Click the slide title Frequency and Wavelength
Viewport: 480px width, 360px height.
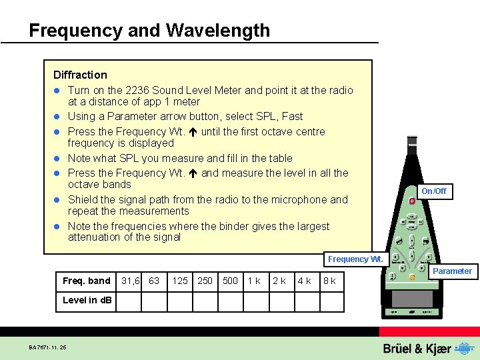click(149, 31)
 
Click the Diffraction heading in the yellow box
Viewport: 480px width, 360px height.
click(80, 75)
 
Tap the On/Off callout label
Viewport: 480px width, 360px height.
click(434, 191)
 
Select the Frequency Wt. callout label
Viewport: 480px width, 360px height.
click(355, 259)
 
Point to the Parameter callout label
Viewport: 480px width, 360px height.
click(452, 271)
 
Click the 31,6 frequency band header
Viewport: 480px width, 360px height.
click(130, 281)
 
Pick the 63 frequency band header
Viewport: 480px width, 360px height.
click(154, 281)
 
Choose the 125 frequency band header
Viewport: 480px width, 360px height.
click(179, 281)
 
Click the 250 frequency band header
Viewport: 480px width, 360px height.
click(205, 281)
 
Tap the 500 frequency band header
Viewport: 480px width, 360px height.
click(230, 281)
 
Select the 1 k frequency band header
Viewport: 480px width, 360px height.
click(254, 281)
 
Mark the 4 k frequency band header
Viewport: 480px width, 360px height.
click(305, 281)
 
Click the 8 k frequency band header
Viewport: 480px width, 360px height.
click(329, 281)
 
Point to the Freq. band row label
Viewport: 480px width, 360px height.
click(86, 281)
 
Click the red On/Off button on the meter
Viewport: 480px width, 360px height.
click(413, 201)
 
